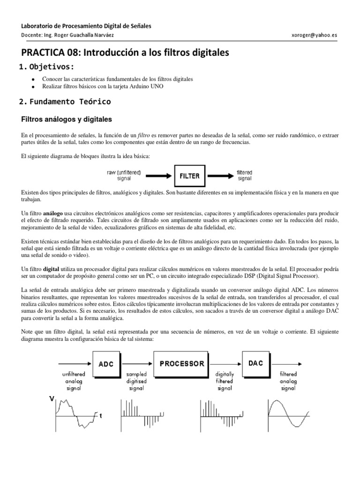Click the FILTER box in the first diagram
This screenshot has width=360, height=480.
pyautogui.click(x=190, y=177)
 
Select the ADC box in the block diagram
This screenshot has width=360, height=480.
pyautogui.click(x=106, y=364)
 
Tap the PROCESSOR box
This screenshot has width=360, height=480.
pyautogui.click(x=182, y=364)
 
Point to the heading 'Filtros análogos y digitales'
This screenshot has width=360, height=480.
pyautogui.click(x=67, y=119)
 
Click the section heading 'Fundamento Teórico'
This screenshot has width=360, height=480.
pyautogui.click(x=71, y=101)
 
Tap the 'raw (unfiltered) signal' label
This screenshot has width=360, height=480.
pyautogui.click(x=124, y=175)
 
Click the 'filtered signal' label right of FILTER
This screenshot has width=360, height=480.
pyautogui.click(x=245, y=175)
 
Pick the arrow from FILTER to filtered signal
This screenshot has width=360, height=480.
pyautogui.click(x=219, y=176)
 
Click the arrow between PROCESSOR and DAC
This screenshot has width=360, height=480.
pyautogui.click(x=227, y=364)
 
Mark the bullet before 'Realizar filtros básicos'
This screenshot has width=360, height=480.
pyautogui.click(x=33, y=87)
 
